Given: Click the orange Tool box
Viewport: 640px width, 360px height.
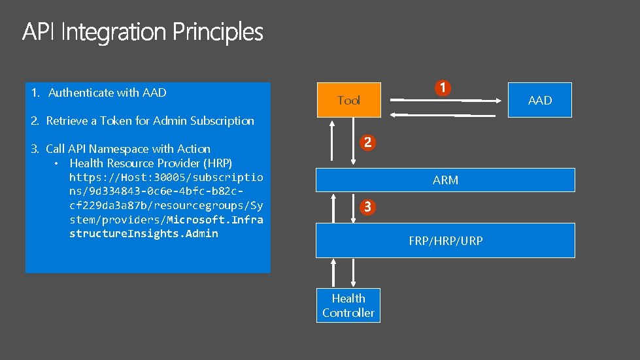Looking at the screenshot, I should tap(348, 100).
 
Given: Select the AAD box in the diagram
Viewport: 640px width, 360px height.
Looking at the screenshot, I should tap(539, 100).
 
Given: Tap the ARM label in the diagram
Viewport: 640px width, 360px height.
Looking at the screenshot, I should tap(445, 180).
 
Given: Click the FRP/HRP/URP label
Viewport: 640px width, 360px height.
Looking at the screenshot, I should tap(445, 241).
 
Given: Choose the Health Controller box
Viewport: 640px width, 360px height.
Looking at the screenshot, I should tap(348, 305).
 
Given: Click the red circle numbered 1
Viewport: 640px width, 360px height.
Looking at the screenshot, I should tap(443, 88).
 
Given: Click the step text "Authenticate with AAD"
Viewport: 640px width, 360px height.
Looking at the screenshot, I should tap(107, 93).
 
